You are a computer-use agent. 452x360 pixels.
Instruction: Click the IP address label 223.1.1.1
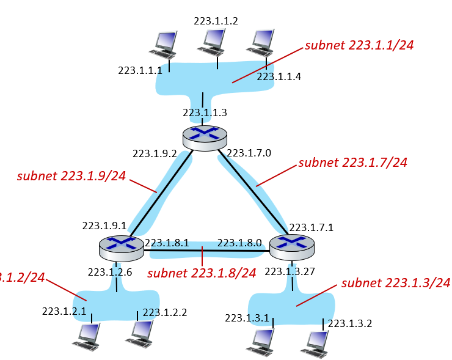[x=140, y=70]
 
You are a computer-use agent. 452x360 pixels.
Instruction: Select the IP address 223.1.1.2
[x=216, y=21]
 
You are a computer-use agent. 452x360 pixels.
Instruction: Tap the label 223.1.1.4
[x=279, y=76]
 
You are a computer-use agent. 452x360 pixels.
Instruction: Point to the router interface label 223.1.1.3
[x=205, y=112]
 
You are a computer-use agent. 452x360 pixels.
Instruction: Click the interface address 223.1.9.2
[x=155, y=153]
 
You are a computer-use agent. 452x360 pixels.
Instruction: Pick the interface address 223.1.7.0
[x=249, y=153]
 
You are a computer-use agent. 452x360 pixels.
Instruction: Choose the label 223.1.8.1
[x=167, y=242]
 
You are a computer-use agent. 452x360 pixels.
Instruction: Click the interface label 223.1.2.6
[x=110, y=272]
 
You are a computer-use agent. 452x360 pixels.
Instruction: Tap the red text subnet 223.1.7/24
[x=352, y=163]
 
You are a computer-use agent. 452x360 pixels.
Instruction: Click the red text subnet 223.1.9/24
[x=71, y=176]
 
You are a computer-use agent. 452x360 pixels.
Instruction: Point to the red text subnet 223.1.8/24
[x=202, y=273]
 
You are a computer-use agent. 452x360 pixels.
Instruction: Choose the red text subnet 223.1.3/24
[x=396, y=282]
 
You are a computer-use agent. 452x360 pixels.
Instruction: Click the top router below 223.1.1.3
[x=205, y=137]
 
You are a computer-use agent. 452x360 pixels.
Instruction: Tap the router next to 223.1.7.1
[x=292, y=246]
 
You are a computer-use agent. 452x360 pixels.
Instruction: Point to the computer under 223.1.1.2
[x=214, y=42]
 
